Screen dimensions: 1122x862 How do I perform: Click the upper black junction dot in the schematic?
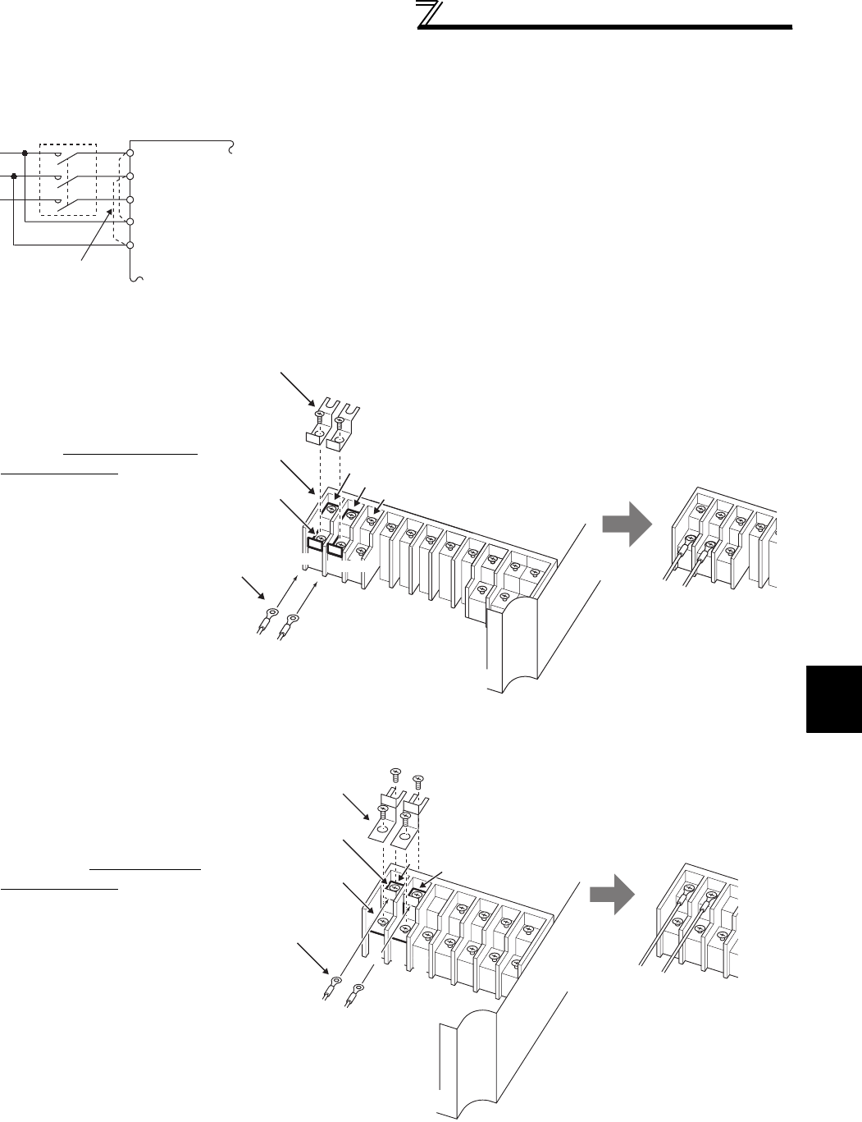tap(25, 153)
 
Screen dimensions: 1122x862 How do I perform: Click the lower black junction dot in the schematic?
tap(15, 176)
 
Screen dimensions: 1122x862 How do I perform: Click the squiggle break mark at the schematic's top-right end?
tap(233, 149)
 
